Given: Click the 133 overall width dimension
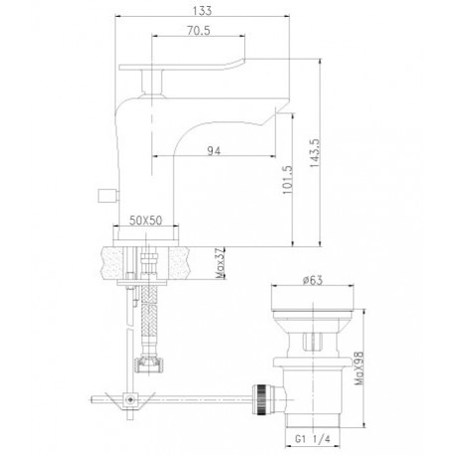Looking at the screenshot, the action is (x=202, y=11).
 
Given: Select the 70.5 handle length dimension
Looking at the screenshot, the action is (x=199, y=31).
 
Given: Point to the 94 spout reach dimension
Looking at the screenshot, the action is (x=214, y=151).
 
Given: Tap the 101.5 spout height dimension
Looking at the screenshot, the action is (x=287, y=180).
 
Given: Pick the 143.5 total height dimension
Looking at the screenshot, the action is (x=315, y=153).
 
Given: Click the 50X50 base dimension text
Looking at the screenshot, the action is (x=146, y=221).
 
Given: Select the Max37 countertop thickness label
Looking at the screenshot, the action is (x=221, y=263).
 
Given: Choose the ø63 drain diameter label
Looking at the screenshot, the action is (x=312, y=280).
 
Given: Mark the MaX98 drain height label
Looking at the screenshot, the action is (x=360, y=368).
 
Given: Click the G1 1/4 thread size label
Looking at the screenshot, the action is (x=313, y=439).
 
